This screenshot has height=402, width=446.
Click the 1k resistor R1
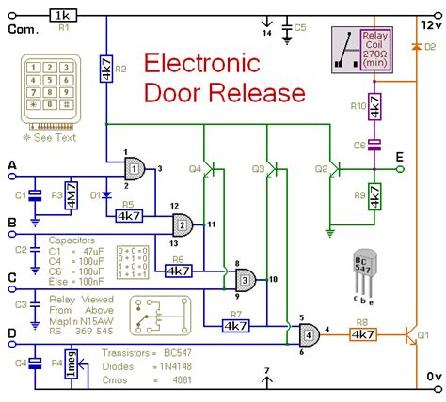[x=65, y=16]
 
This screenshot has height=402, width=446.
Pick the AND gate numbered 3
[x=245, y=279]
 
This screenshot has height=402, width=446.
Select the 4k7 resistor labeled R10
[x=374, y=111]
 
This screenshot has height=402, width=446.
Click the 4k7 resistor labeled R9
[x=374, y=195]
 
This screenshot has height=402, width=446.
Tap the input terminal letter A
[x=11, y=165]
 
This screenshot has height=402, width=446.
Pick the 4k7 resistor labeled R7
[x=236, y=325]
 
